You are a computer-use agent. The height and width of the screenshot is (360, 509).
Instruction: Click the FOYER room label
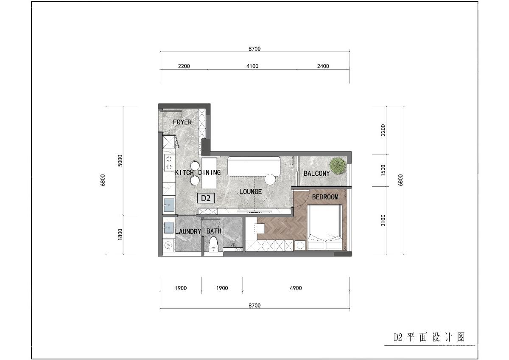[182, 122]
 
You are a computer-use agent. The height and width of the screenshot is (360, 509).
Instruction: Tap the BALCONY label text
[316, 173]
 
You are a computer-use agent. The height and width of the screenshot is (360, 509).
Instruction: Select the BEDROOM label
[325, 197]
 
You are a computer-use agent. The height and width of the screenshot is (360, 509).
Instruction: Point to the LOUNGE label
[250, 191]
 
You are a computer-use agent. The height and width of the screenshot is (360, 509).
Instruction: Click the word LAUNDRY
[188, 231]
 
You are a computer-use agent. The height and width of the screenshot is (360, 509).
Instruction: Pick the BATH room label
[214, 231]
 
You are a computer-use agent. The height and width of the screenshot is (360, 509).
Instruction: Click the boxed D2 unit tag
[206, 198]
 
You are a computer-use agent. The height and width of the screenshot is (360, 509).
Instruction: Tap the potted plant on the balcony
[338, 166]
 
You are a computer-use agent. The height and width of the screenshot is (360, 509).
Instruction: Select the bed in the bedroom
[325, 227]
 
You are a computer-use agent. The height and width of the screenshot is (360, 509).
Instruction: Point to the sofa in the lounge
[254, 166]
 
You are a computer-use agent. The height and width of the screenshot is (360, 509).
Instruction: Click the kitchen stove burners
[169, 163]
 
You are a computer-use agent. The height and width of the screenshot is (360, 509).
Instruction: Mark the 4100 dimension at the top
[252, 66]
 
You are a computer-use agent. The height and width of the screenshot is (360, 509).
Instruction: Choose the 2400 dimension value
[322, 66]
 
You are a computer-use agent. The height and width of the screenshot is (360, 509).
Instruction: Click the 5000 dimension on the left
[120, 160]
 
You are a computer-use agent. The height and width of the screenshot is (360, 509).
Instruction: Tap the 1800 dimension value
[120, 234]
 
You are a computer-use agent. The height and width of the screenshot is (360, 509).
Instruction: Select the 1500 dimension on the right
[383, 171]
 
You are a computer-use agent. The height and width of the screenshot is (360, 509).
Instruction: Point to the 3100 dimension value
[383, 220]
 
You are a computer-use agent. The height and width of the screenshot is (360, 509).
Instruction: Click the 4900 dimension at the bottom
[295, 288]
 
